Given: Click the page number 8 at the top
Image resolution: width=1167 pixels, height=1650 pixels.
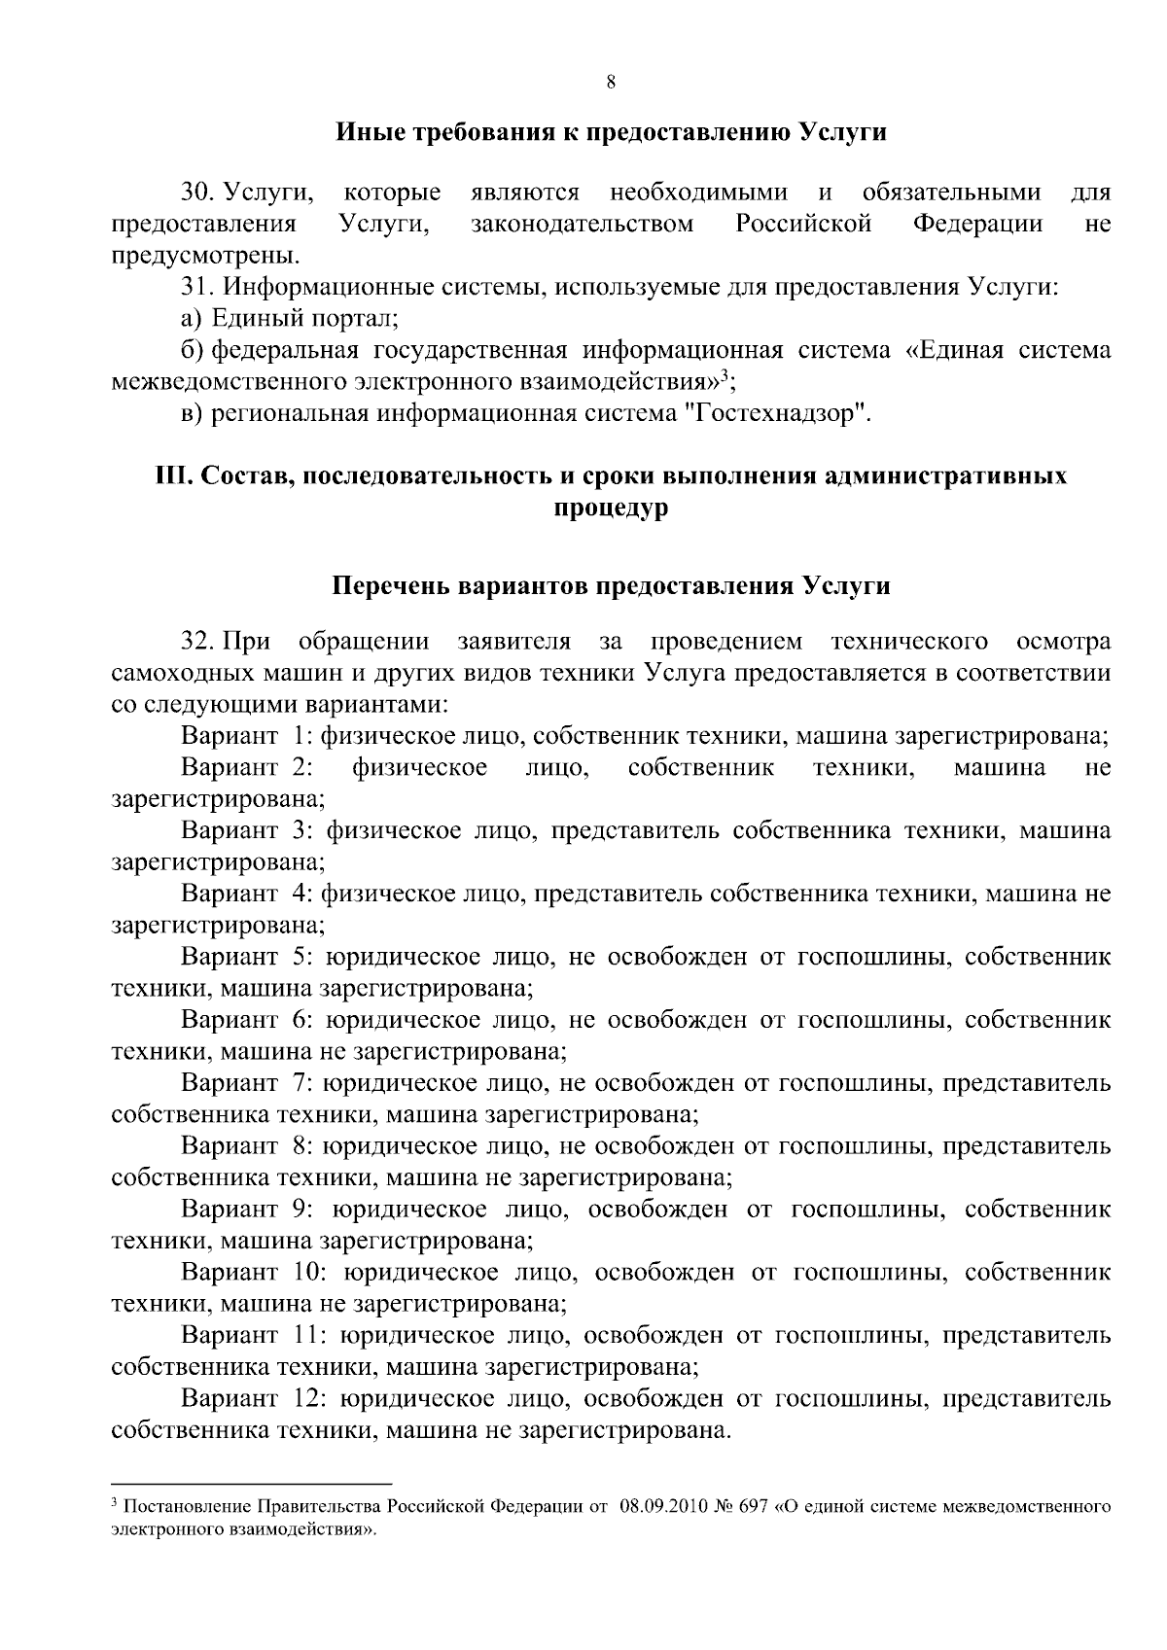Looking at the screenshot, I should click(x=611, y=83).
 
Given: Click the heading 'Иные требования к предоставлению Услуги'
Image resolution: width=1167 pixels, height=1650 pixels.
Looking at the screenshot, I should click(x=611, y=132).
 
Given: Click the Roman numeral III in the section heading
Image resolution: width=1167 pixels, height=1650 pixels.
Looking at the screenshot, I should click(x=174, y=476).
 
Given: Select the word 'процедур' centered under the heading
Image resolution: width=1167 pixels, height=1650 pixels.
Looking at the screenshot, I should click(x=611, y=509).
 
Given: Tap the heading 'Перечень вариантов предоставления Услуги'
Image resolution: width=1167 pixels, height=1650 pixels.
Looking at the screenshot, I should click(x=611, y=587).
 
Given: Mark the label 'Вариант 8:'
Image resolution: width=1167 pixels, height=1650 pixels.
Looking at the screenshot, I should click(x=246, y=1146).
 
